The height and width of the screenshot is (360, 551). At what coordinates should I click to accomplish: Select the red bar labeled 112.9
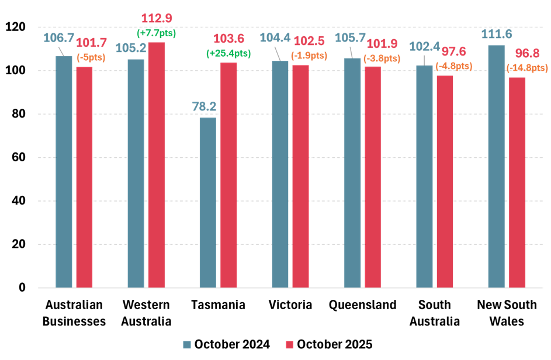coord(157,165)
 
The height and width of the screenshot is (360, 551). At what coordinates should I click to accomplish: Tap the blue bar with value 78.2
coord(208,202)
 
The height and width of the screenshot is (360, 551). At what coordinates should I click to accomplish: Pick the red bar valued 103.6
coord(228,175)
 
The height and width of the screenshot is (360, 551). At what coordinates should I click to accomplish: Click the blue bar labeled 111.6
coord(496,166)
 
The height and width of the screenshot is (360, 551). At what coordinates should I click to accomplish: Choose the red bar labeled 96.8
coord(517,182)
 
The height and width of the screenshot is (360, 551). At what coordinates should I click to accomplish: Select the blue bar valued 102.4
coord(424,176)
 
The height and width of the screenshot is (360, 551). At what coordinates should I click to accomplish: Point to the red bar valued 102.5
coord(300,176)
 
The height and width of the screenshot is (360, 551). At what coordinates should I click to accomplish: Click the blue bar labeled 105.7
coord(352,172)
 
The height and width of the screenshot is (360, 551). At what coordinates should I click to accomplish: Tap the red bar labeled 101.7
coord(84,177)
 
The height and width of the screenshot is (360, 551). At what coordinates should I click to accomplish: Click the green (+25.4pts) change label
coord(228,53)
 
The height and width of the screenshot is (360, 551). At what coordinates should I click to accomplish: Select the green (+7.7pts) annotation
coord(156,33)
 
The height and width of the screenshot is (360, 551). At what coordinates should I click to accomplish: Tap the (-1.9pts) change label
coord(309,56)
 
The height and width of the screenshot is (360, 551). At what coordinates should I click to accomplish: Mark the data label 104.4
coord(275,38)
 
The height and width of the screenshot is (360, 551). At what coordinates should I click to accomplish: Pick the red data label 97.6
coord(450,53)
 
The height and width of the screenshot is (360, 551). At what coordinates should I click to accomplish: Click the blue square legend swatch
coord(187,345)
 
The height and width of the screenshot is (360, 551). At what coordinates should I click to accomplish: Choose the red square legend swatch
coord(289,345)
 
